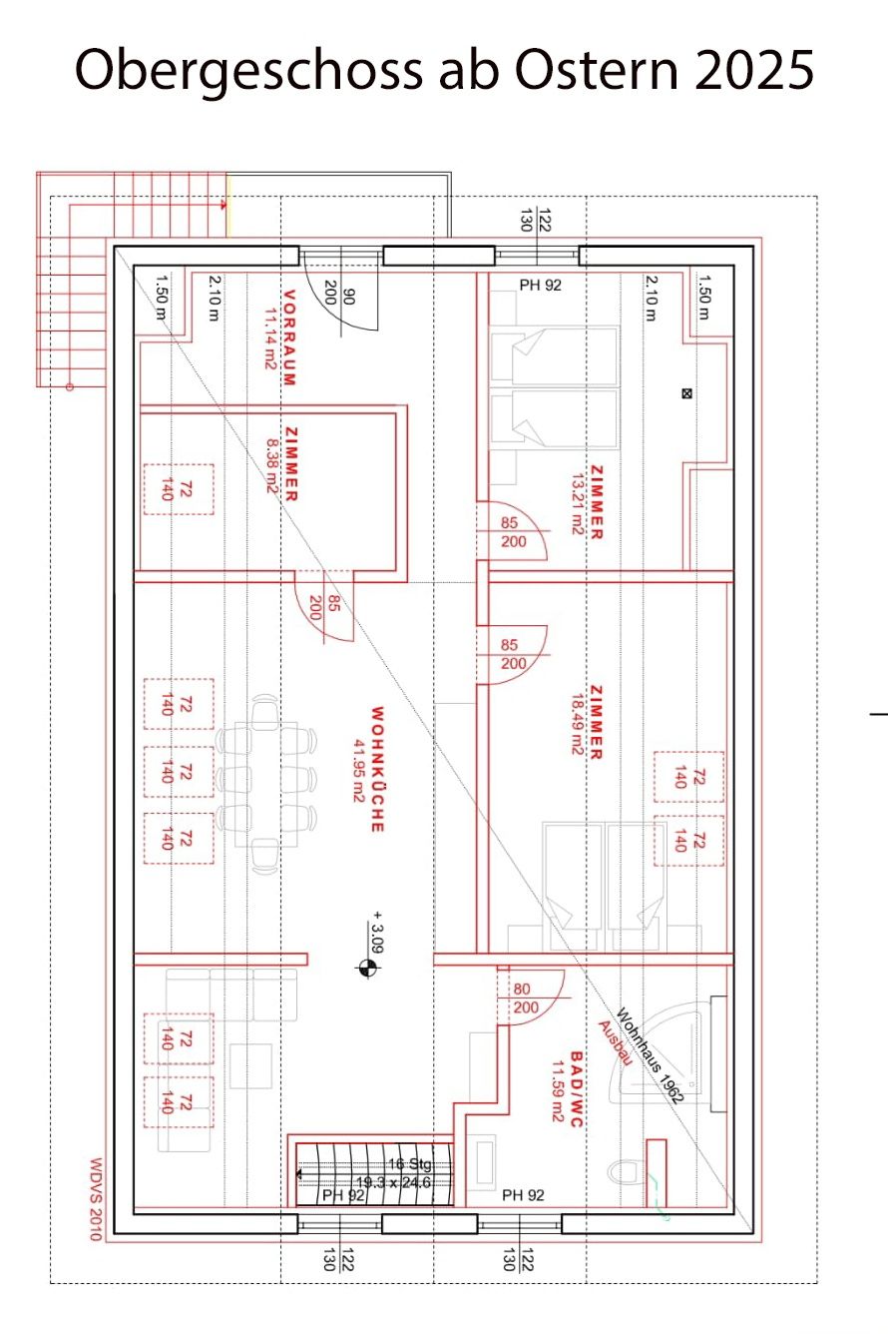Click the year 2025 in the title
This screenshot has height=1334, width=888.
[x=753, y=69]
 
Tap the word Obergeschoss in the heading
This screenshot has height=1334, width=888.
[x=248, y=70]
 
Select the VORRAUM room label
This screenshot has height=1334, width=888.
[x=289, y=337]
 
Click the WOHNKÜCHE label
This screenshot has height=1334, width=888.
[x=377, y=769]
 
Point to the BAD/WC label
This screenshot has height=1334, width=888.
[x=576, y=1088]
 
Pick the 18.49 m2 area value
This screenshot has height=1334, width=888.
[x=577, y=724]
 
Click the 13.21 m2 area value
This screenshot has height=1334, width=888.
[x=577, y=504]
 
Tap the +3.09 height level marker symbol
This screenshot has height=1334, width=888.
[x=368, y=968]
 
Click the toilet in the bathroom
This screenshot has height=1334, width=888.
[x=624, y=1172]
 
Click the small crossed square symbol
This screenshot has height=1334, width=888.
[x=686, y=393]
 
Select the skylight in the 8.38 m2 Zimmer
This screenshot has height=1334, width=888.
[x=179, y=489]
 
